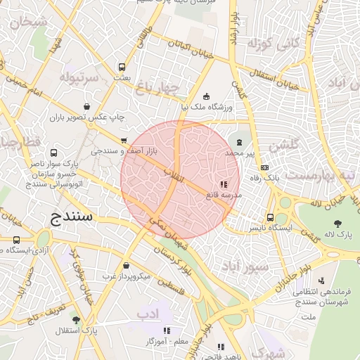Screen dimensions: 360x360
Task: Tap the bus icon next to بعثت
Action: (x=122, y=67)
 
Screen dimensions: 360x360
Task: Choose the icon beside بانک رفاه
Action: (x=264, y=167)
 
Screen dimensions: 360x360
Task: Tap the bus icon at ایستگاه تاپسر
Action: (x=271, y=217)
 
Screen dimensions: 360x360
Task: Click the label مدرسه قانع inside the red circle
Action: (x=224, y=193)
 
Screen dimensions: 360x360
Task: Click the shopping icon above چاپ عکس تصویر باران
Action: (x=86, y=106)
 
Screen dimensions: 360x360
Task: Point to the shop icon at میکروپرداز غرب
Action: (x=126, y=266)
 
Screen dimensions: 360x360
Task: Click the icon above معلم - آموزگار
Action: (x=167, y=330)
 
